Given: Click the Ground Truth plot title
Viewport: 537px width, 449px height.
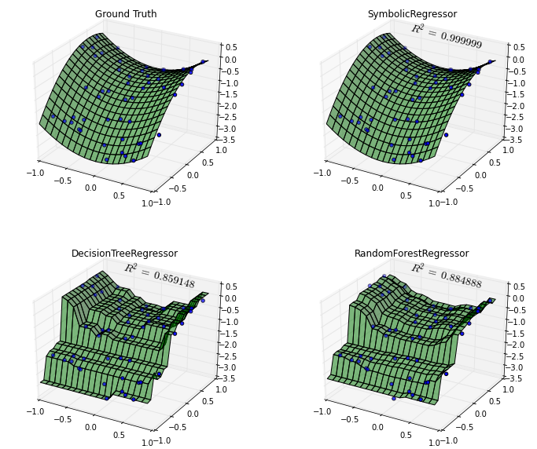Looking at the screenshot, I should [x=126, y=14].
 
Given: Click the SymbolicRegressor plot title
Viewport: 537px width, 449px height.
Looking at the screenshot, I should [x=412, y=14].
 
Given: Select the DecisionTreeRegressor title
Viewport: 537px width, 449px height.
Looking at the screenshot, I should [x=124, y=254].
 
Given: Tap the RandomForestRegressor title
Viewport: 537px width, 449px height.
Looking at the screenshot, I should [x=411, y=254].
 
